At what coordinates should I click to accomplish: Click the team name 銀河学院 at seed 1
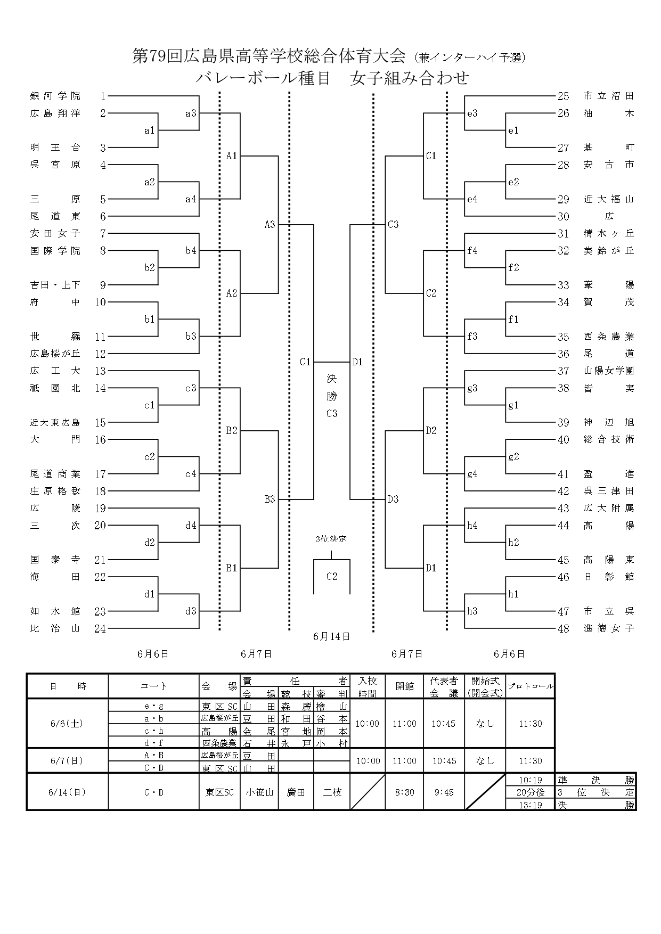(55, 96)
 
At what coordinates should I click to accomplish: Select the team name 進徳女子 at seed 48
(609, 629)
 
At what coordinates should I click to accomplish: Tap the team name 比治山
(55, 629)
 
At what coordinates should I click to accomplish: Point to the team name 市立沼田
(609, 96)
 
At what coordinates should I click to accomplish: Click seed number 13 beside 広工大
(100, 371)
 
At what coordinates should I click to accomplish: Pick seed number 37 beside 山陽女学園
(564, 371)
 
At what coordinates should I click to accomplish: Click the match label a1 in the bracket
(150, 130)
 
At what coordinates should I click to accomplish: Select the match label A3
(270, 225)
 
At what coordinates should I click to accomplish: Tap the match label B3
(270, 499)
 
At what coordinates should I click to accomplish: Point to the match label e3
(472, 113)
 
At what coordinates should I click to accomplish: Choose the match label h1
(513, 594)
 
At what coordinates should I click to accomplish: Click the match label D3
(393, 499)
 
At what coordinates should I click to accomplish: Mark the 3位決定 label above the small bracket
(331, 539)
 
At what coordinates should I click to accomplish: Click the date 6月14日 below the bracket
(331, 636)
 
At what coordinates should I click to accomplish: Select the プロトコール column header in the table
(530, 686)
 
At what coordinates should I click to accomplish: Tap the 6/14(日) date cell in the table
(67, 792)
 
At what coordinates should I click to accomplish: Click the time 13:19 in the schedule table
(530, 805)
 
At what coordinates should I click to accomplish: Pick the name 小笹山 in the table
(259, 792)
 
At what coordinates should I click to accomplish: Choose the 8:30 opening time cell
(404, 792)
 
